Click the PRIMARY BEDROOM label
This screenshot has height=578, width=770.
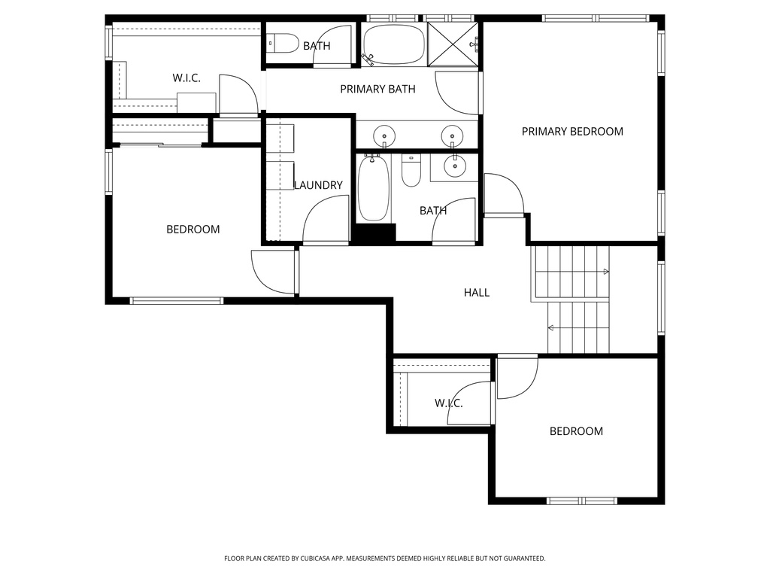[x=572, y=132]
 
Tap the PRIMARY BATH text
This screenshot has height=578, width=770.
[x=377, y=90]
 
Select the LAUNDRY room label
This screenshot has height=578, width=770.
[x=318, y=185]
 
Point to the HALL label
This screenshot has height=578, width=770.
[x=476, y=292]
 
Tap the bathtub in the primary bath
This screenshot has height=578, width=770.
[x=394, y=44]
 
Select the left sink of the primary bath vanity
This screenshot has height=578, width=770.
[x=384, y=135]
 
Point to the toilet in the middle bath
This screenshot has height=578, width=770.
[x=411, y=172]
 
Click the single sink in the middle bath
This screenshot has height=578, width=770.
[x=455, y=167]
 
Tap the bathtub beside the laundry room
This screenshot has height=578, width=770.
[x=372, y=188]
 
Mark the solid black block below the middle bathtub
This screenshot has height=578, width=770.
[x=375, y=233]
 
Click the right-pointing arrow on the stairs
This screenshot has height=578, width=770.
[x=605, y=272]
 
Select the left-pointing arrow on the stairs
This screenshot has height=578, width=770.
[x=552, y=327]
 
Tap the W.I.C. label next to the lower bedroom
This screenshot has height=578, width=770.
[x=448, y=404]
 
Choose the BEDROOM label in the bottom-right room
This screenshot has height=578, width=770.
[x=576, y=431]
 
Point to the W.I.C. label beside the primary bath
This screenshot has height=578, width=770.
[x=186, y=78]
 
